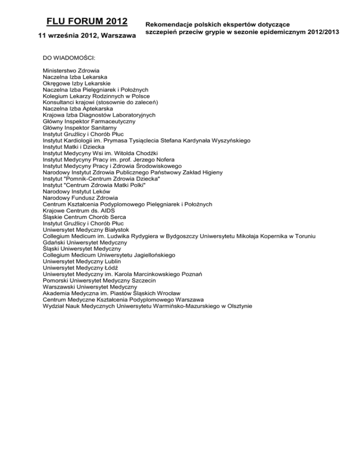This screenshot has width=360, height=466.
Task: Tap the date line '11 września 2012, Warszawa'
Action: pyautogui.click(x=87, y=36)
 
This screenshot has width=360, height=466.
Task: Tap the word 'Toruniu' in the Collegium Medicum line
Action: pyautogui.click(x=304, y=236)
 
